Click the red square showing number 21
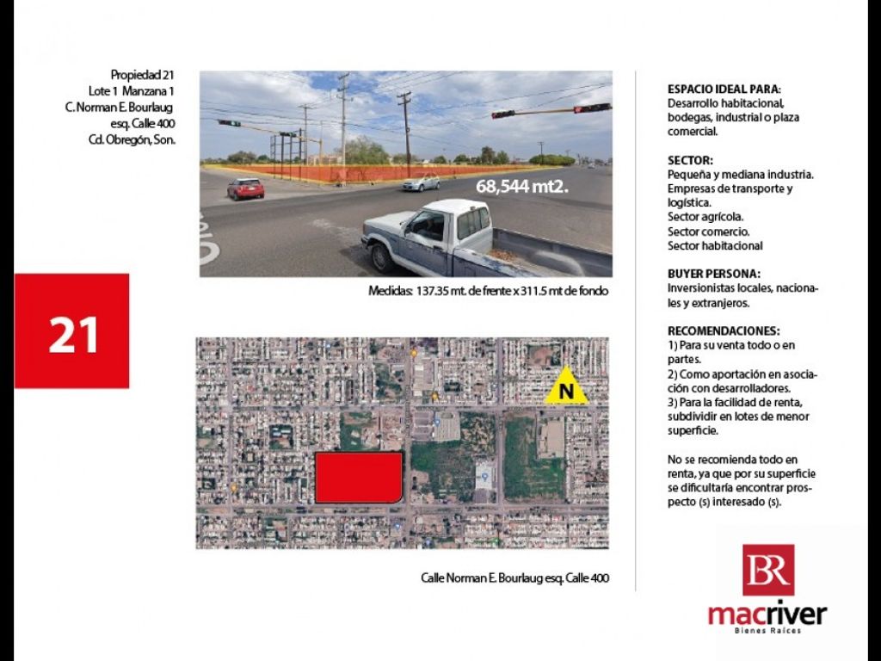(x=71, y=331)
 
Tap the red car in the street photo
(x=245, y=188)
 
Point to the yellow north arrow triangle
(x=566, y=387)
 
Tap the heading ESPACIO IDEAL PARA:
(x=725, y=90)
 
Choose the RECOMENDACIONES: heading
(x=724, y=330)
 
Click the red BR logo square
(x=768, y=570)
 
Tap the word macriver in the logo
(x=767, y=615)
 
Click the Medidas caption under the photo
(x=489, y=291)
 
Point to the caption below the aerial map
(x=514, y=578)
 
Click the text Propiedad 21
(x=143, y=75)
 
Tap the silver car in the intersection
(x=421, y=182)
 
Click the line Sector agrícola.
(x=705, y=217)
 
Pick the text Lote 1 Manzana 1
(x=132, y=91)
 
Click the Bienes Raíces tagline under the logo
(x=767, y=631)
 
